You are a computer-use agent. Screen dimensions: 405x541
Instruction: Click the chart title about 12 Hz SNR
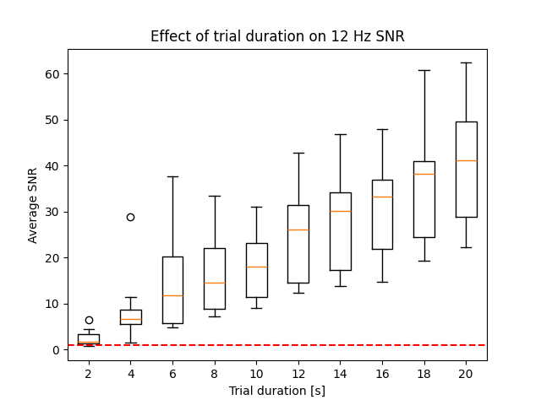click(277, 36)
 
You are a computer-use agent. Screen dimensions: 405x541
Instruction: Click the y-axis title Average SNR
click(34, 204)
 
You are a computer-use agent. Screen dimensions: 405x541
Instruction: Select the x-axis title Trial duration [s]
click(277, 391)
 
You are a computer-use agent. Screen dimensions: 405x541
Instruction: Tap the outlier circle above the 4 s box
click(130, 217)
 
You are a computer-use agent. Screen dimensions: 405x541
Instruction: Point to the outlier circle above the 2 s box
click(89, 320)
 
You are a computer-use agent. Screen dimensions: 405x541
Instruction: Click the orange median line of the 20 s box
click(466, 160)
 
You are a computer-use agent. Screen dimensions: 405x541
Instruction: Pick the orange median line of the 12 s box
click(298, 229)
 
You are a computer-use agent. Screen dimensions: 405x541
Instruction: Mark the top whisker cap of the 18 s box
click(424, 70)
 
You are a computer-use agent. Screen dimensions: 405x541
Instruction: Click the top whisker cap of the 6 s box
click(172, 176)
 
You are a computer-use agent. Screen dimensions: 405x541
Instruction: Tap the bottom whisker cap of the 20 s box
click(466, 247)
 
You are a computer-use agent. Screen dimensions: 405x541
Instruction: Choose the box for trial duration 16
click(382, 214)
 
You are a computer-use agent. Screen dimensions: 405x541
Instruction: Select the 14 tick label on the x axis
click(340, 373)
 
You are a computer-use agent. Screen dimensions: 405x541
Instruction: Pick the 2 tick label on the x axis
click(89, 373)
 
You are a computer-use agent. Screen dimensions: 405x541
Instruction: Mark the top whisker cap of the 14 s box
click(340, 134)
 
